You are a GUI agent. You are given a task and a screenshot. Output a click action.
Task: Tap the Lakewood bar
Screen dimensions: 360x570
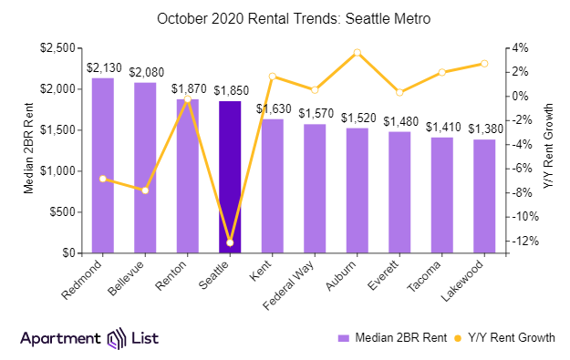(x=484, y=196)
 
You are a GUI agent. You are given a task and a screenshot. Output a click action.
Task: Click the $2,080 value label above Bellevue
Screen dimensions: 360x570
(x=146, y=71)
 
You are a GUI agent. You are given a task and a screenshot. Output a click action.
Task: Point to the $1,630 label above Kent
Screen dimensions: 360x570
(x=273, y=108)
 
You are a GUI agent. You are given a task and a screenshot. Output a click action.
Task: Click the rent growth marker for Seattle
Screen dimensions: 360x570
(x=230, y=242)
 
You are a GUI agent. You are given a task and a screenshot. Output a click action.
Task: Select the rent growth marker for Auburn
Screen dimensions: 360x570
(x=357, y=53)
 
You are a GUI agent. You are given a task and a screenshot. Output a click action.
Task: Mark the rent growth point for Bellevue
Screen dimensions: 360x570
(x=145, y=190)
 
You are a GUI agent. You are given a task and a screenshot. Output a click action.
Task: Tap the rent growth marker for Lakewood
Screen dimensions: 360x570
(x=484, y=64)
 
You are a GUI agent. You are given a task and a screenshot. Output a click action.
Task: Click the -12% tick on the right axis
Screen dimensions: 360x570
(x=522, y=242)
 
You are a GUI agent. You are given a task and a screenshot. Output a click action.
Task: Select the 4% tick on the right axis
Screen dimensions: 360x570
(x=518, y=47)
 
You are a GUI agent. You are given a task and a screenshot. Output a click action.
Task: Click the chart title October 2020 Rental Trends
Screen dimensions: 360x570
(x=285, y=18)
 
